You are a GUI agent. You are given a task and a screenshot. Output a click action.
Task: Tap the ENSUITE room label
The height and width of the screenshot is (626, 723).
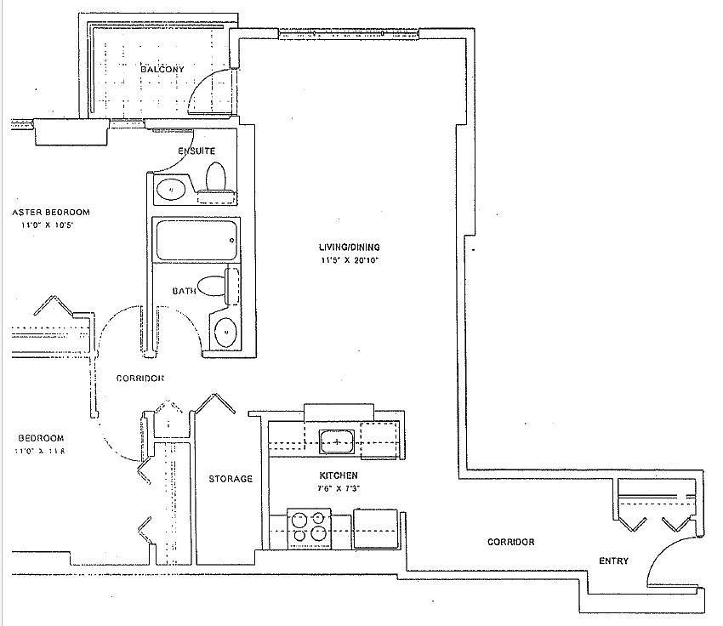pos(196,151)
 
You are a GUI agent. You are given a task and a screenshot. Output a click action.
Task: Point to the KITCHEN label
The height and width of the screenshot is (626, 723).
pos(338,475)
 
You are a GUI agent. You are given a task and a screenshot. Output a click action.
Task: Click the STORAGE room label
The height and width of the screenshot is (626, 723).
pos(231,479)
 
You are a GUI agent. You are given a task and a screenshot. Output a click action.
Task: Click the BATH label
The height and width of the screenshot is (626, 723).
pos(184,290)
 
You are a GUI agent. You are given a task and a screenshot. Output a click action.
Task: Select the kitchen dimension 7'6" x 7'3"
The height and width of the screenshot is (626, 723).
pos(338,490)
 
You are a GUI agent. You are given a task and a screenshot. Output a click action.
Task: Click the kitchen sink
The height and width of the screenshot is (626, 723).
pos(338,441)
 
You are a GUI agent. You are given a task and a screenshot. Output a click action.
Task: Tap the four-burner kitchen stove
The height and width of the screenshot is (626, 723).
pos(308,525)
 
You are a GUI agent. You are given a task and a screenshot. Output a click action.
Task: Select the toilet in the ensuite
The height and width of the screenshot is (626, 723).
pos(216,179)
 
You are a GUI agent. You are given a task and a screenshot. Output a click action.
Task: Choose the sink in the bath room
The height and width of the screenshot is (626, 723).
pos(225,332)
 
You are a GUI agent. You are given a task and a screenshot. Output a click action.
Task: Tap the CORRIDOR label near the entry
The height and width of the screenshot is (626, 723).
pos(510,542)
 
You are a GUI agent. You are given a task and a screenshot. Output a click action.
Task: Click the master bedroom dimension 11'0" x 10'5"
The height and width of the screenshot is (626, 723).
pos(49,225)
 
